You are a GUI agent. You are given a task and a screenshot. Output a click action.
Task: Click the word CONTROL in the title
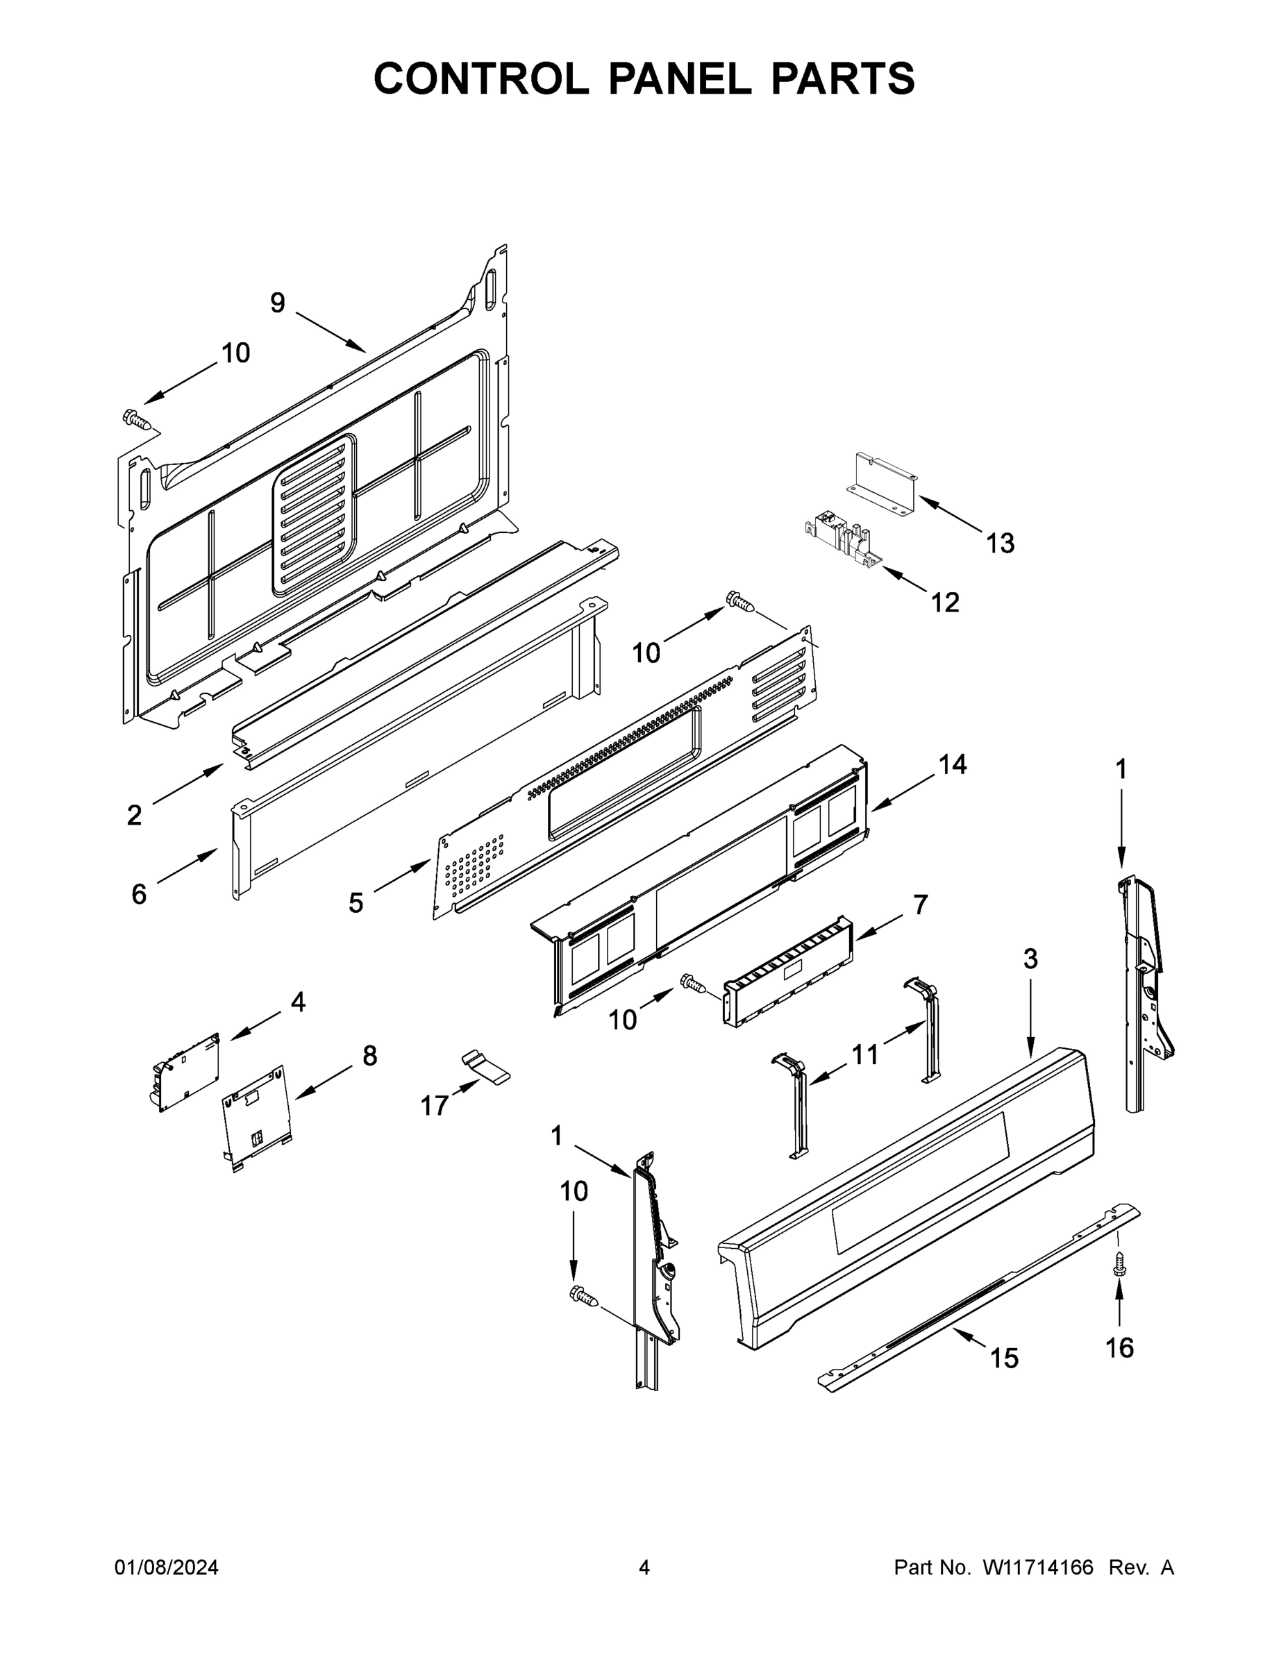coord(480,78)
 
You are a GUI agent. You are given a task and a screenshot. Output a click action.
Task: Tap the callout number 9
coord(278,303)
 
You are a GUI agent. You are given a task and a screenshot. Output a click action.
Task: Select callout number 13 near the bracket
coord(1001,544)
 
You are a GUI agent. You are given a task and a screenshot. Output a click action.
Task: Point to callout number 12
coord(944,603)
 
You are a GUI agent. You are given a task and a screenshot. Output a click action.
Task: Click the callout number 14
coord(952,764)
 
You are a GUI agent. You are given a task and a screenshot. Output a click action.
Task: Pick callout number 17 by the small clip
coord(435,1105)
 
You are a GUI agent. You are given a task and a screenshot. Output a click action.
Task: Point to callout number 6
coord(139,893)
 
